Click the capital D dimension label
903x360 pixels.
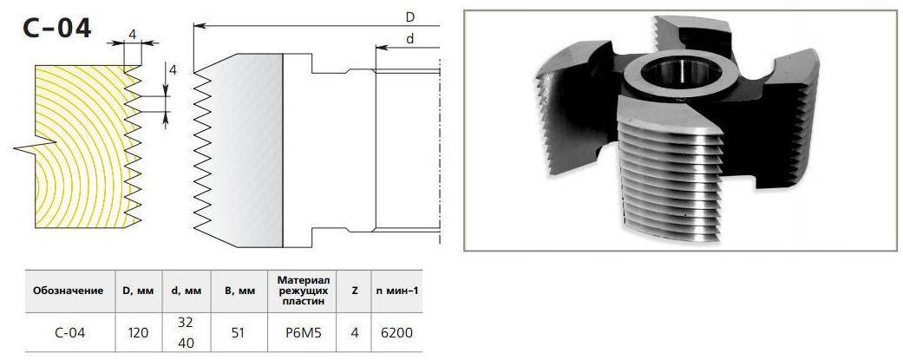tap(409, 16)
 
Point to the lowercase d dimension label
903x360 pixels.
tap(409, 39)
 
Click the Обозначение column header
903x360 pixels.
tap(68, 291)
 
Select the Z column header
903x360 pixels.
tap(355, 291)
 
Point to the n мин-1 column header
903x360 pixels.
tap(396, 291)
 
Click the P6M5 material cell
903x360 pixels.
tap(301, 331)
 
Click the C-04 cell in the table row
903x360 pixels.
tap(68, 331)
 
